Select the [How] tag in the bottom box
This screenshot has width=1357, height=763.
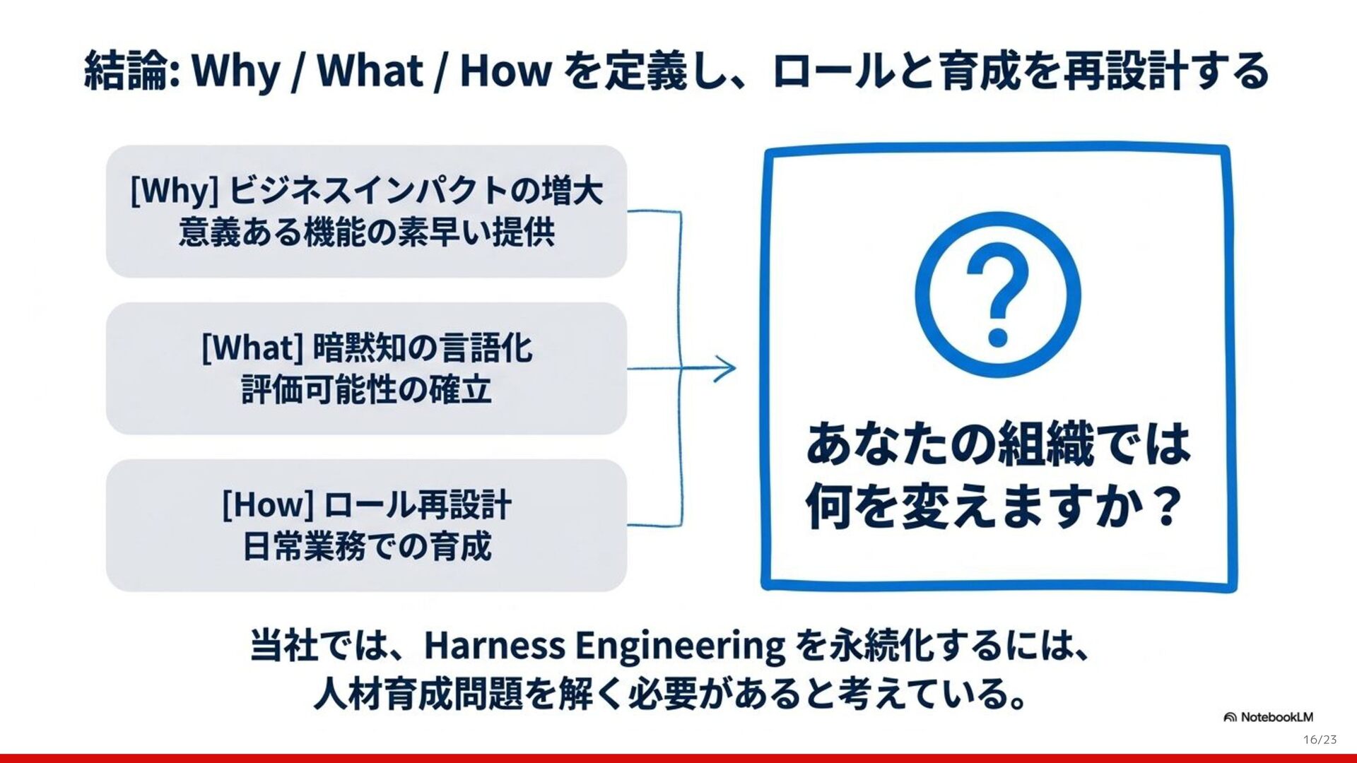(268, 504)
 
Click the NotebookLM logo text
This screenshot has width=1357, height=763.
(1276, 717)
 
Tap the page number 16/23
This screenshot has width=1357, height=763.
(1320, 740)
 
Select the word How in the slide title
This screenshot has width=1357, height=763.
(505, 71)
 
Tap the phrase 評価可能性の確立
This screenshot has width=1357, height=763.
(366, 390)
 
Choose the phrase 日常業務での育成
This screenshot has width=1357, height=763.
(366, 547)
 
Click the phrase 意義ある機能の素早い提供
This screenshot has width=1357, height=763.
(366, 232)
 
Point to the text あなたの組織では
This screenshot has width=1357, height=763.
(997, 444)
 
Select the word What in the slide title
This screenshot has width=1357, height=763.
(370, 71)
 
